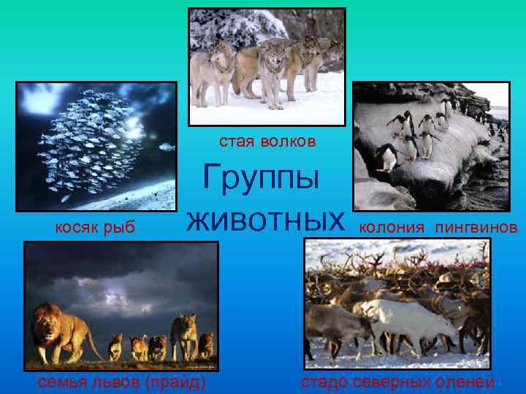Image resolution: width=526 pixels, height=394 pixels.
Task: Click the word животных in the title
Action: click(x=264, y=220)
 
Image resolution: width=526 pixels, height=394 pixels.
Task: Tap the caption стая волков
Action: click(x=267, y=141)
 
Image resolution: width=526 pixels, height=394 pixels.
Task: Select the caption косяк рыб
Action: click(x=96, y=228)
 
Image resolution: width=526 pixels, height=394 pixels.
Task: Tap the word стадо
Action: click(x=323, y=382)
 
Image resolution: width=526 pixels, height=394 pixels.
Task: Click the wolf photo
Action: click(x=267, y=66)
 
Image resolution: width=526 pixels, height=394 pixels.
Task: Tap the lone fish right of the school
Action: click(x=167, y=147)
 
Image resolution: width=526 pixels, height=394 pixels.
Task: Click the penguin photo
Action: click(x=430, y=146)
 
